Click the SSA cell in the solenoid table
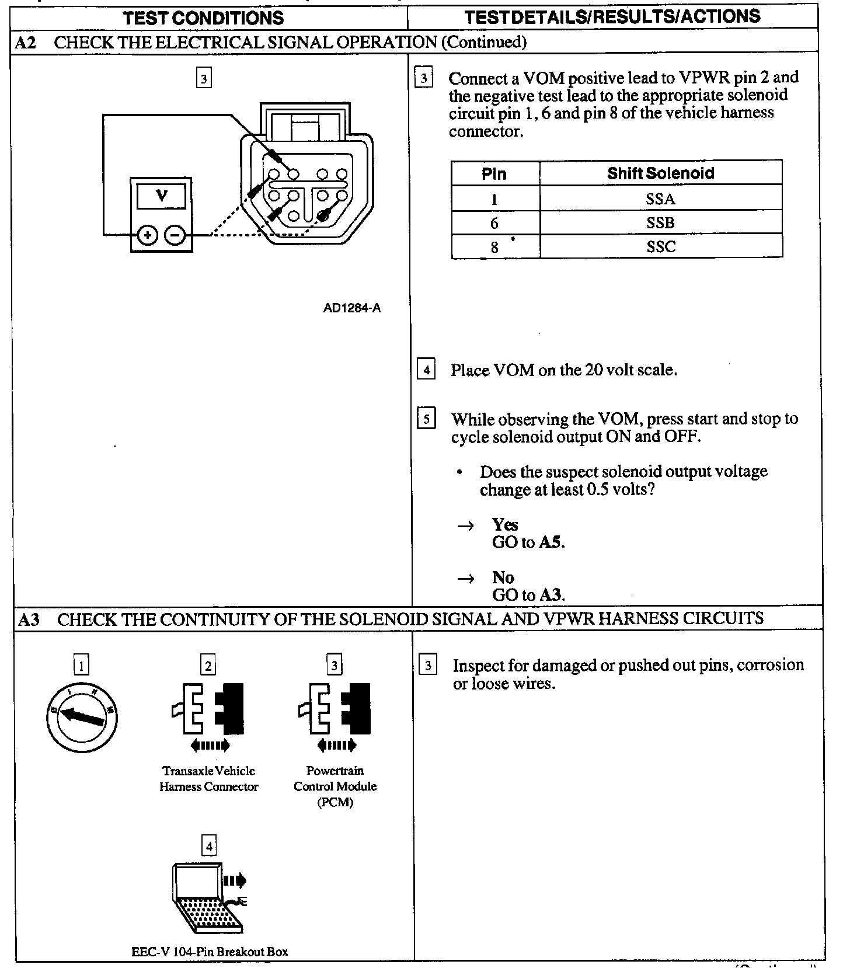point(660,199)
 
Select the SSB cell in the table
point(660,222)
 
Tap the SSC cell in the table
point(660,246)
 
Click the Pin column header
point(494,173)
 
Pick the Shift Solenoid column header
point(660,173)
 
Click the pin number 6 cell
point(494,223)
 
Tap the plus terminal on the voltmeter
point(148,235)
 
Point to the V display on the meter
point(161,196)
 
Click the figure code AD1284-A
point(352,308)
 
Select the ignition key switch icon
point(82,716)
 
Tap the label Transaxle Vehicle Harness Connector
point(209,778)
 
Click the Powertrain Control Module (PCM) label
point(335,786)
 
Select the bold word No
point(503,577)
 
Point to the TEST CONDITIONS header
point(204,18)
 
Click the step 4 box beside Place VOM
point(426,370)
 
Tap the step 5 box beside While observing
point(426,419)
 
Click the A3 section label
point(29,619)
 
